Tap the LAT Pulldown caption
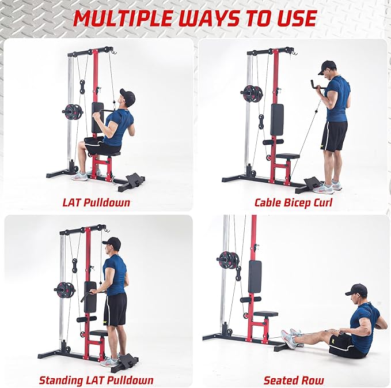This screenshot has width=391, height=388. [96, 202]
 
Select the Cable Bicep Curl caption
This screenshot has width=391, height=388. [293, 202]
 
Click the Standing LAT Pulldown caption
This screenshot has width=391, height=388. [96, 380]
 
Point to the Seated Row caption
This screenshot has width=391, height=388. [294, 380]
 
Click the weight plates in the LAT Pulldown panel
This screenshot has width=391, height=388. [73, 111]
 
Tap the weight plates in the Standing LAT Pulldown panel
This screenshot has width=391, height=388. [65, 289]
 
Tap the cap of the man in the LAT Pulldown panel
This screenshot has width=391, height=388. [127, 95]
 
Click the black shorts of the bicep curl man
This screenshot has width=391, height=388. [335, 136]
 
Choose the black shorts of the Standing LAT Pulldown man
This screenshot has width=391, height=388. [115, 308]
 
